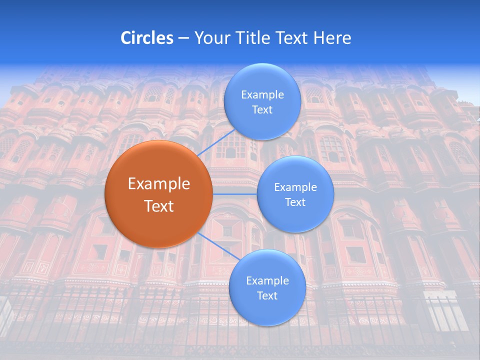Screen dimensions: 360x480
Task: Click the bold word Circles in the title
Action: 147,38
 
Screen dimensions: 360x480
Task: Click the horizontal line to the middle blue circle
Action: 234,194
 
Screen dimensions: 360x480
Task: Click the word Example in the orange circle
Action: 159,184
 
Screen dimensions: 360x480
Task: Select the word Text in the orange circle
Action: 159,206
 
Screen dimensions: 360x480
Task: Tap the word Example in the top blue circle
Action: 262,95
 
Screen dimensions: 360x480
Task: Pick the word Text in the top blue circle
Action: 262,110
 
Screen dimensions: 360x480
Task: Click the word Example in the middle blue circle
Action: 295,187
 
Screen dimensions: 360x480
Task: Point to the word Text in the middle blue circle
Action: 295,202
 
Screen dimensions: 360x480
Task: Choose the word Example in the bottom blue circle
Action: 267,281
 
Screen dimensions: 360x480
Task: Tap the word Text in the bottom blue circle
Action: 267,296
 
